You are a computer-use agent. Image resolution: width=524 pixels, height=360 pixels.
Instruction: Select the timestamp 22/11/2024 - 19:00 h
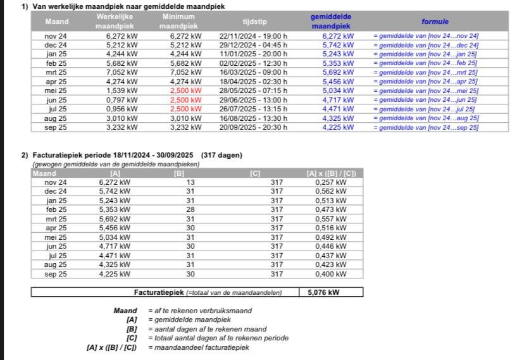coord(253,36)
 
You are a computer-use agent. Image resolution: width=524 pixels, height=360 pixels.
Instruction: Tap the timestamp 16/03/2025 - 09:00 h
coord(253,73)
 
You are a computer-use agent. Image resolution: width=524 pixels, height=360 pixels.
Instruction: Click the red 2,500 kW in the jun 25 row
coord(185,100)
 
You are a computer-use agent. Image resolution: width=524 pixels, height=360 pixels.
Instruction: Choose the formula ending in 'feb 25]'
coord(425,63)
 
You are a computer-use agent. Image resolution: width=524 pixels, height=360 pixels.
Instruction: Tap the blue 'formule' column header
coord(435,22)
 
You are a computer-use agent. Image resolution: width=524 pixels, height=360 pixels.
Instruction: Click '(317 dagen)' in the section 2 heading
coord(221,156)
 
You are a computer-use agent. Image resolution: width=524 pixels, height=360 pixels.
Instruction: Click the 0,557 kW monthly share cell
coord(331,219)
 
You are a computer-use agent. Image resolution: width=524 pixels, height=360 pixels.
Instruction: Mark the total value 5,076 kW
coord(326,293)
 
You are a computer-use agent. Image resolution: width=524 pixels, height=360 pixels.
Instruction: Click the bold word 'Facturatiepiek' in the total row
coord(159,293)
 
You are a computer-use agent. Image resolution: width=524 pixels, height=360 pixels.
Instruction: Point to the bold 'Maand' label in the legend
coord(125,311)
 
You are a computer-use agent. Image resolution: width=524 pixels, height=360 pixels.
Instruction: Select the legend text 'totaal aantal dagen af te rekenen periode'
coord(218,338)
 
